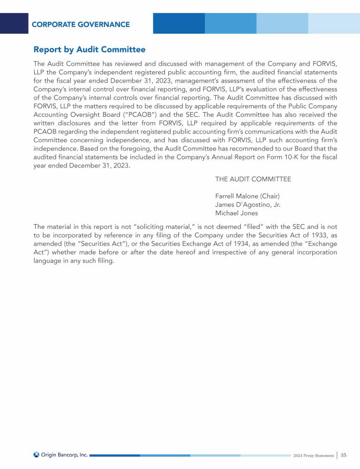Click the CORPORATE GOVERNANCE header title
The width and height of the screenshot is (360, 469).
tap(81, 24)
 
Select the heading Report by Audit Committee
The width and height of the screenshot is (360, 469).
tap(89, 49)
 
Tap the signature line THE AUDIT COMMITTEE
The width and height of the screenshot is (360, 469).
tap(253, 179)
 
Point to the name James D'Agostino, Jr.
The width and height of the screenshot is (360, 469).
tap(247, 204)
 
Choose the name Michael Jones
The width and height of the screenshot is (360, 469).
tap(236, 212)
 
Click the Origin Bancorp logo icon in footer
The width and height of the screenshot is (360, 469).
tap(37, 454)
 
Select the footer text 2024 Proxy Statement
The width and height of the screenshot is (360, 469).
tap(314, 455)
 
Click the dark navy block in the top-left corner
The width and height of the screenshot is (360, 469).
tap(14, 23)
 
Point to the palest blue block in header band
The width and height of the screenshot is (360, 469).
tap(333, 23)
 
